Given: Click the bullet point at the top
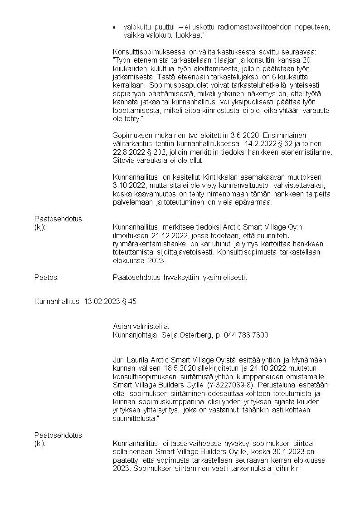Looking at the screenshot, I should click(x=115, y=27).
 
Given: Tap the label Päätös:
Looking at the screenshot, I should click(x=46, y=278).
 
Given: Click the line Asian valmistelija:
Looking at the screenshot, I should click(x=141, y=327).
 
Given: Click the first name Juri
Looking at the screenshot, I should click(x=119, y=360).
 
